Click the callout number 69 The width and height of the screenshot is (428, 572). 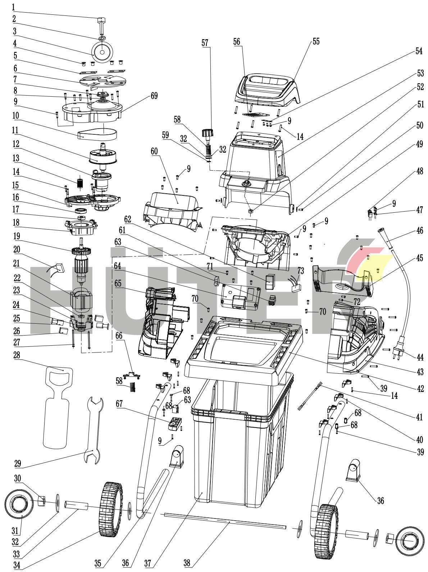pos(154,96)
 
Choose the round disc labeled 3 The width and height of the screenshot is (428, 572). pos(102,52)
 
